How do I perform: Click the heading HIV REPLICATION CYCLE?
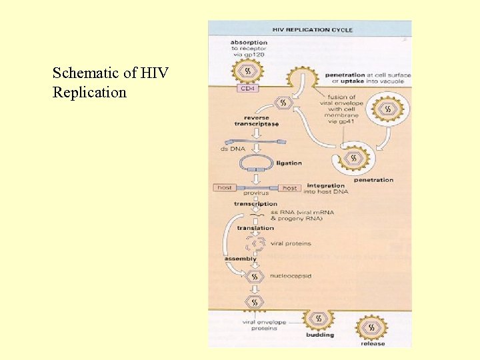coord(312,29)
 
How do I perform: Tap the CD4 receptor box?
coord(247,88)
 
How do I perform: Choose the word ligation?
coord(289,163)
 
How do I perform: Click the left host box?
coord(225,188)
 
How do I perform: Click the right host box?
coord(289,188)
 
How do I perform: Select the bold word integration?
coord(326,185)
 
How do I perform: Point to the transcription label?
coord(255,203)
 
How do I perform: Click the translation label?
coord(255,228)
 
